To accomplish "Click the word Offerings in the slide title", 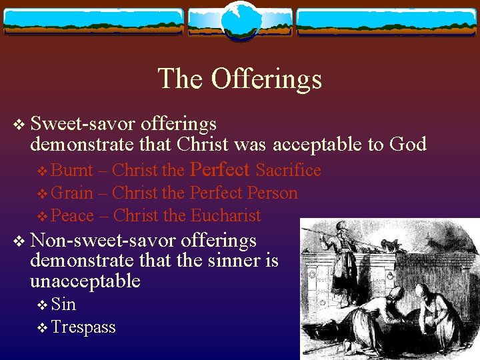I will coord(267,79).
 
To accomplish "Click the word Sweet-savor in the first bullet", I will coord(84,123).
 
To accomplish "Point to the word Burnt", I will coord(72,171).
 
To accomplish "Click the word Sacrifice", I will coord(288,171).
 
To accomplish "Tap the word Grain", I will coord(72,193).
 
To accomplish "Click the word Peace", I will coord(73,216).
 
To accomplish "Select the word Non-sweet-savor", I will coord(103,239).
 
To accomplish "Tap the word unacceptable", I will coord(85,281).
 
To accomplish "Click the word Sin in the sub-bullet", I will coord(63,305).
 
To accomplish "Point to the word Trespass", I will coord(83,327).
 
